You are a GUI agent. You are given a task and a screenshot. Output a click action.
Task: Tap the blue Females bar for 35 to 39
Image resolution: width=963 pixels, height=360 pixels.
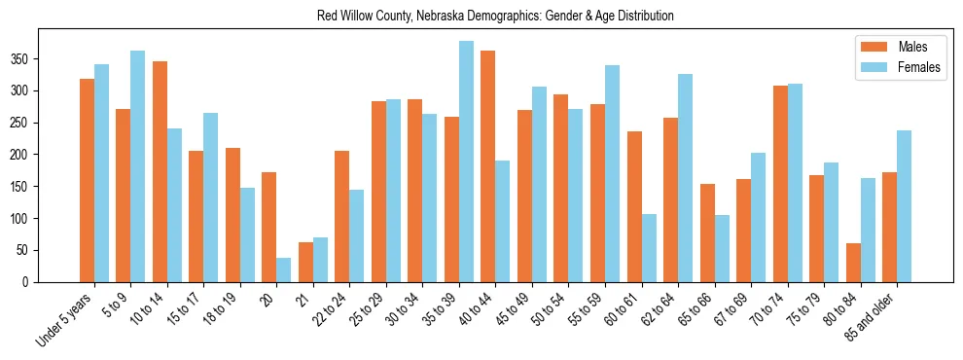466,162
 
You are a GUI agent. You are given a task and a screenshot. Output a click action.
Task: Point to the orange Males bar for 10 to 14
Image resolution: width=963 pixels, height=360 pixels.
160,171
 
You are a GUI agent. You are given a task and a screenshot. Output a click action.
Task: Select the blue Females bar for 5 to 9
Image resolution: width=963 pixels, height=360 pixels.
138,166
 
